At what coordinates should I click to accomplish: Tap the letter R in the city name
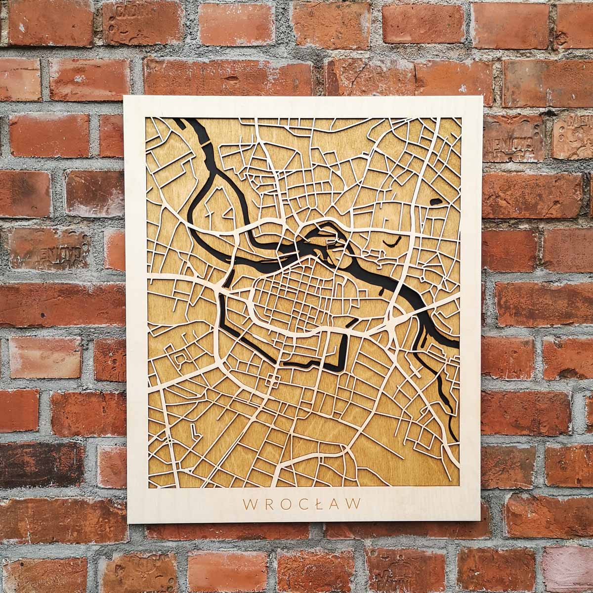(268, 504)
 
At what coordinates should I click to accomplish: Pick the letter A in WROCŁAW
(336, 504)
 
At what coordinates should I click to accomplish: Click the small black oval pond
(437, 201)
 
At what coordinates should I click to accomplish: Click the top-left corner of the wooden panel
(124, 97)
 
